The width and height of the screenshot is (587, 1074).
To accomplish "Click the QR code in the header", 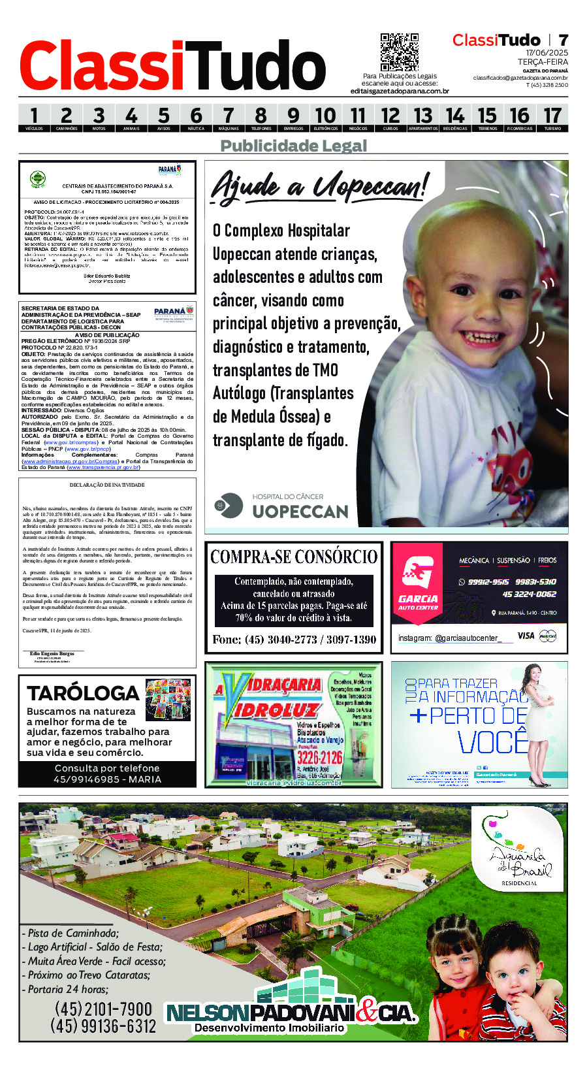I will click(399, 52).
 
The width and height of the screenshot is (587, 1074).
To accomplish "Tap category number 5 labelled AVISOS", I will click(163, 118).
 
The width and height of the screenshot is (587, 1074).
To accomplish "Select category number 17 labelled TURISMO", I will click(552, 118).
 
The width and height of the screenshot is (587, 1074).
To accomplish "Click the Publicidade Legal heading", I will click(294, 146).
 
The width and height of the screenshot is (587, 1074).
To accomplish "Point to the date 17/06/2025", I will click(547, 53).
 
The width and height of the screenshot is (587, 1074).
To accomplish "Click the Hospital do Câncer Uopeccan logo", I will click(281, 506).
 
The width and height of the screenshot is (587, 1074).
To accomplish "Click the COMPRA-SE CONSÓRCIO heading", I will click(294, 557).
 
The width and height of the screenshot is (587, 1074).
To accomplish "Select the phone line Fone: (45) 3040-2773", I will click(294, 640).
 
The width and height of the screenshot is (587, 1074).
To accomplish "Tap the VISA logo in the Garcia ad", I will click(526, 635).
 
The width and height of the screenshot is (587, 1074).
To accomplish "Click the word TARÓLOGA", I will click(83, 693).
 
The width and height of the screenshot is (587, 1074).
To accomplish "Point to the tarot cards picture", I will click(168, 700).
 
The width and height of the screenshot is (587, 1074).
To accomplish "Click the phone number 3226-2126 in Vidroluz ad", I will click(319, 757).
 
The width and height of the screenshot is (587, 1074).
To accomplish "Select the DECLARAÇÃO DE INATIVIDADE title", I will click(107, 485).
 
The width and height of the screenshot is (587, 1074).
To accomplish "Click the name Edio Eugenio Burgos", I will click(52, 654).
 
